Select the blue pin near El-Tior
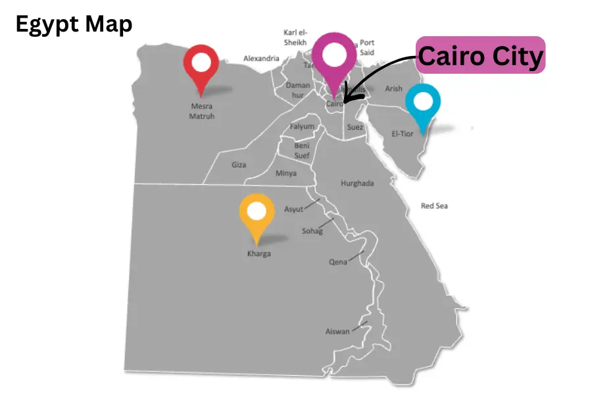coord(423,104)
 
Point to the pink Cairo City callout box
coord(481,56)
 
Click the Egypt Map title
coord(74,25)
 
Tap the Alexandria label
coord(261,59)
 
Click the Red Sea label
coord(434,206)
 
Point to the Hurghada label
coord(357,183)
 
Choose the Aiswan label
coord(337,331)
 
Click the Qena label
coord(337,262)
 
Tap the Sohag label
coord(312,231)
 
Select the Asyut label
coord(293,209)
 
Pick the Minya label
coord(285,173)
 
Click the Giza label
coord(239,165)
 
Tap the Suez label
coord(355,127)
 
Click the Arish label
coord(393,89)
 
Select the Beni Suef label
coord(302,150)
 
